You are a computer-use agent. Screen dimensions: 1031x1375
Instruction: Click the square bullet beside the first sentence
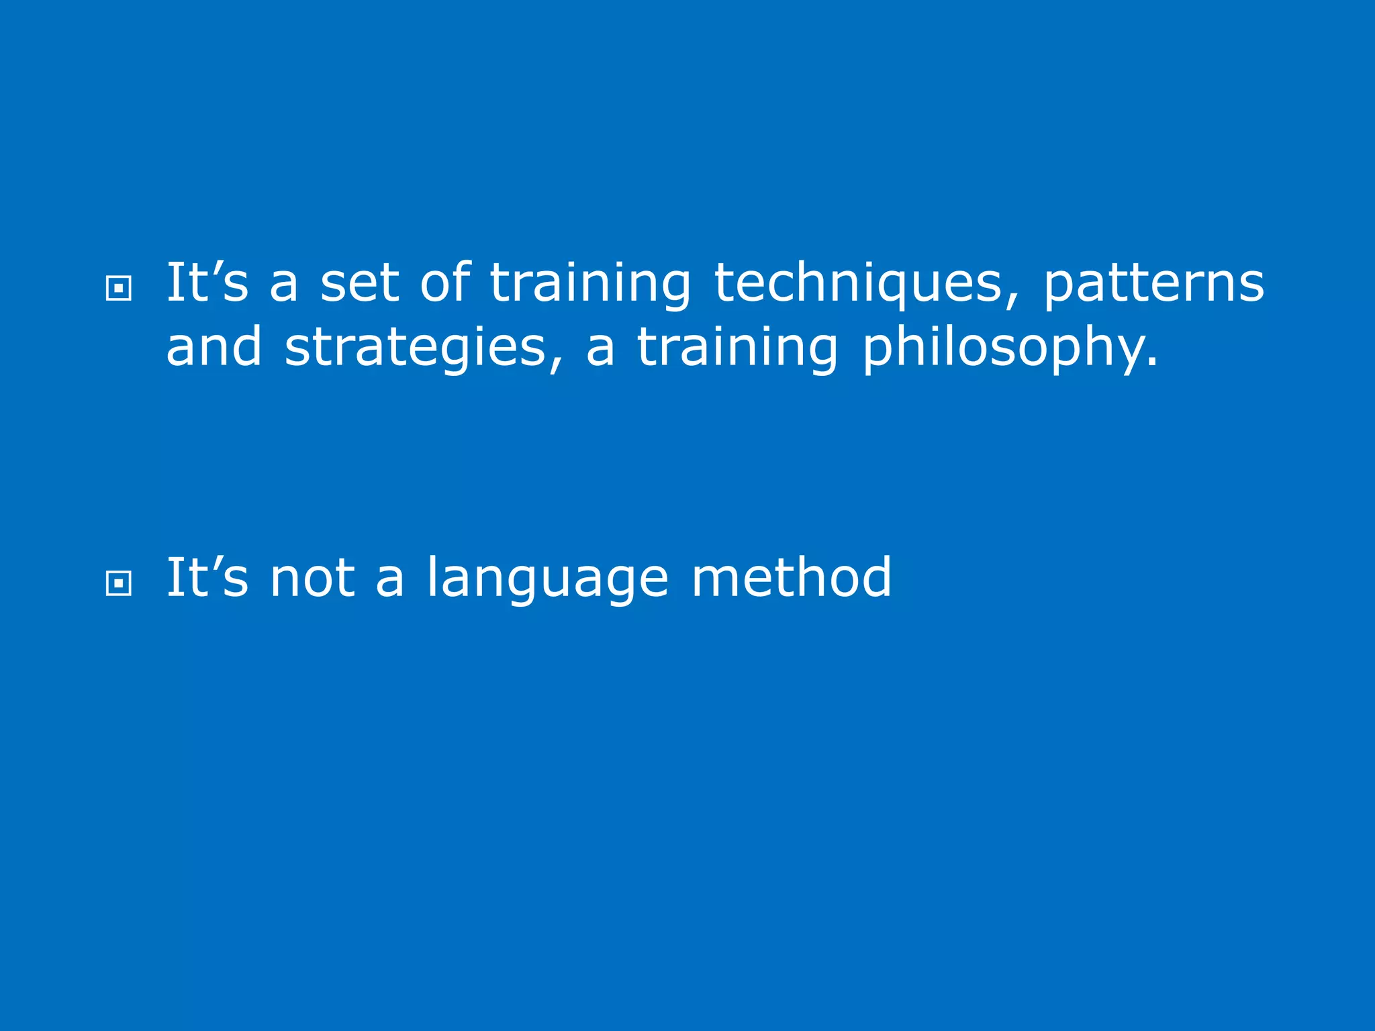(119, 289)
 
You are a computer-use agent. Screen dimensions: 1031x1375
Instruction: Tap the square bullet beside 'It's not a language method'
(119, 583)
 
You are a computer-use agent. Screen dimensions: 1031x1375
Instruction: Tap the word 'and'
(214, 347)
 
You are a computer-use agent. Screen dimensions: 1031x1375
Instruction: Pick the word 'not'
(312, 578)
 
